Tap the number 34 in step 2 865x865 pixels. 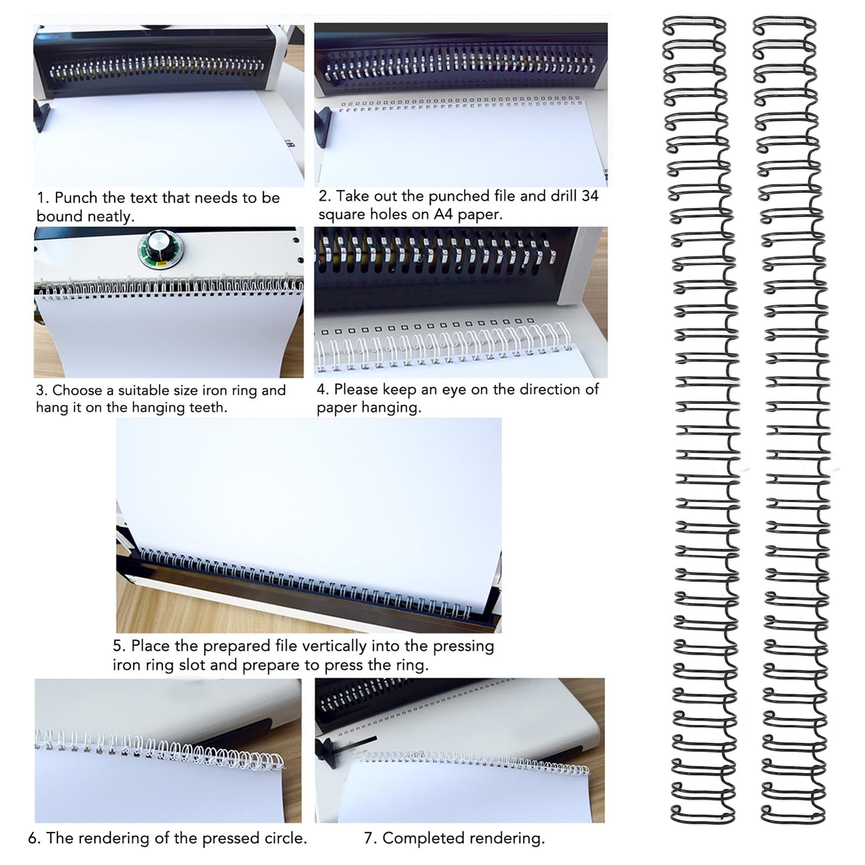click(x=589, y=196)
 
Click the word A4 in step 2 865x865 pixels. click(x=443, y=214)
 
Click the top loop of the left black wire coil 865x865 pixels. click(x=694, y=20)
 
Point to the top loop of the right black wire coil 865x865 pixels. click(x=784, y=20)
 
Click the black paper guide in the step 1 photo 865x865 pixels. click(x=42, y=116)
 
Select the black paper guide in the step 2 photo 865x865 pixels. click(x=323, y=126)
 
